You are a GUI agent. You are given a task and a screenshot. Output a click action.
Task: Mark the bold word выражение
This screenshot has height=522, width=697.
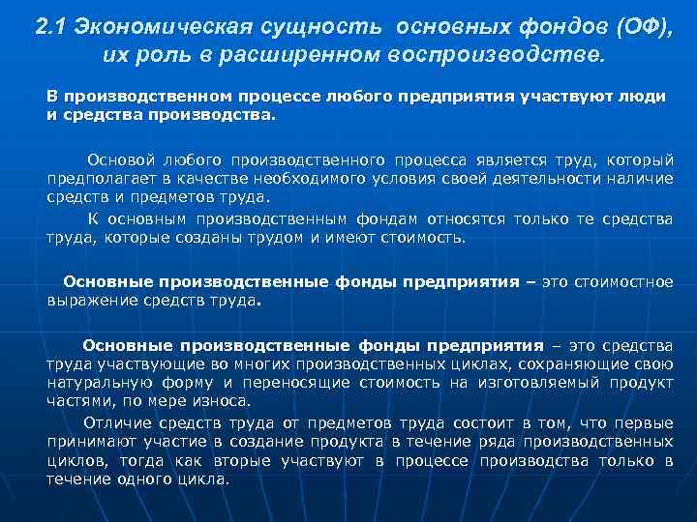point(88,300)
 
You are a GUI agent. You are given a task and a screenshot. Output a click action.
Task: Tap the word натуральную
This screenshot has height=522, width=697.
point(93,382)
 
